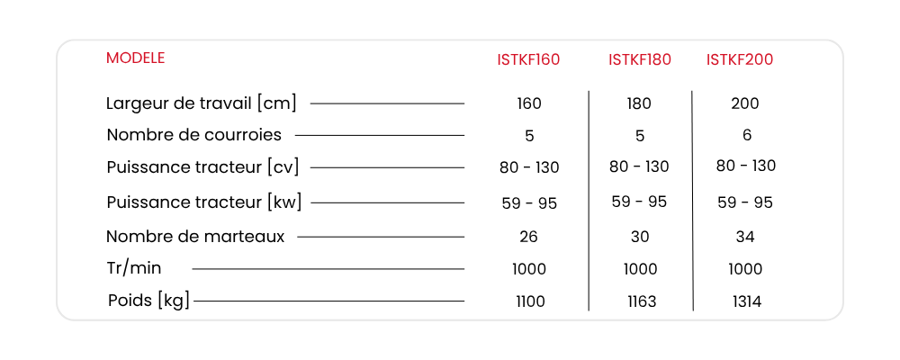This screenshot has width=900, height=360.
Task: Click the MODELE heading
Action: pyautogui.click(x=136, y=58)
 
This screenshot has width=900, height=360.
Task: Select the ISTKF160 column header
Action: pyautogui.click(x=528, y=59)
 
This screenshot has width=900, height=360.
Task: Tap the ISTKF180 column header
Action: pyautogui.click(x=640, y=59)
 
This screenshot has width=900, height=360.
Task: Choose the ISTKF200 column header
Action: pyautogui.click(x=740, y=59)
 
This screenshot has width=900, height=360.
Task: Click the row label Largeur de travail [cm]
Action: pyautogui.click(x=202, y=103)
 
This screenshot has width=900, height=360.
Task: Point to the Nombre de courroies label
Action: pyautogui.click(x=194, y=135)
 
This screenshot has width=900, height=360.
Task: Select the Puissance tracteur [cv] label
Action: pyautogui.click(x=203, y=167)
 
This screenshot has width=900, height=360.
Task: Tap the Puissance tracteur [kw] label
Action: pyautogui.click(x=203, y=202)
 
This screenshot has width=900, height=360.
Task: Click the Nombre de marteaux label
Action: pyautogui.click(x=195, y=237)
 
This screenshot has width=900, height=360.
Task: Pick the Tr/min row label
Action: pyautogui.click(x=134, y=268)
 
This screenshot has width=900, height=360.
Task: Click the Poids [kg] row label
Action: pyautogui.click(x=148, y=301)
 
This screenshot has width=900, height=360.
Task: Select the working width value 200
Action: pyautogui.click(x=745, y=103)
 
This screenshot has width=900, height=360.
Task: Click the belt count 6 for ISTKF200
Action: pyautogui.click(x=747, y=135)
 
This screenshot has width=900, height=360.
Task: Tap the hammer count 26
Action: pyautogui.click(x=528, y=237)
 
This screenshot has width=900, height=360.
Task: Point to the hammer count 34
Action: pyautogui.click(x=745, y=237)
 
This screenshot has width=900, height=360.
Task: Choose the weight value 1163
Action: pyautogui.click(x=642, y=301)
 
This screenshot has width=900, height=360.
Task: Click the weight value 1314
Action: pyautogui.click(x=747, y=301)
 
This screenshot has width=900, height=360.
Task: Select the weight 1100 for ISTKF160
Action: pyautogui.click(x=530, y=301)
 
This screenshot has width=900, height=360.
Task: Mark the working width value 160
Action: pyautogui.click(x=529, y=103)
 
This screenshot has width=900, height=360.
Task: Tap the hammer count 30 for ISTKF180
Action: pyautogui.click(x=640, y=237)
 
